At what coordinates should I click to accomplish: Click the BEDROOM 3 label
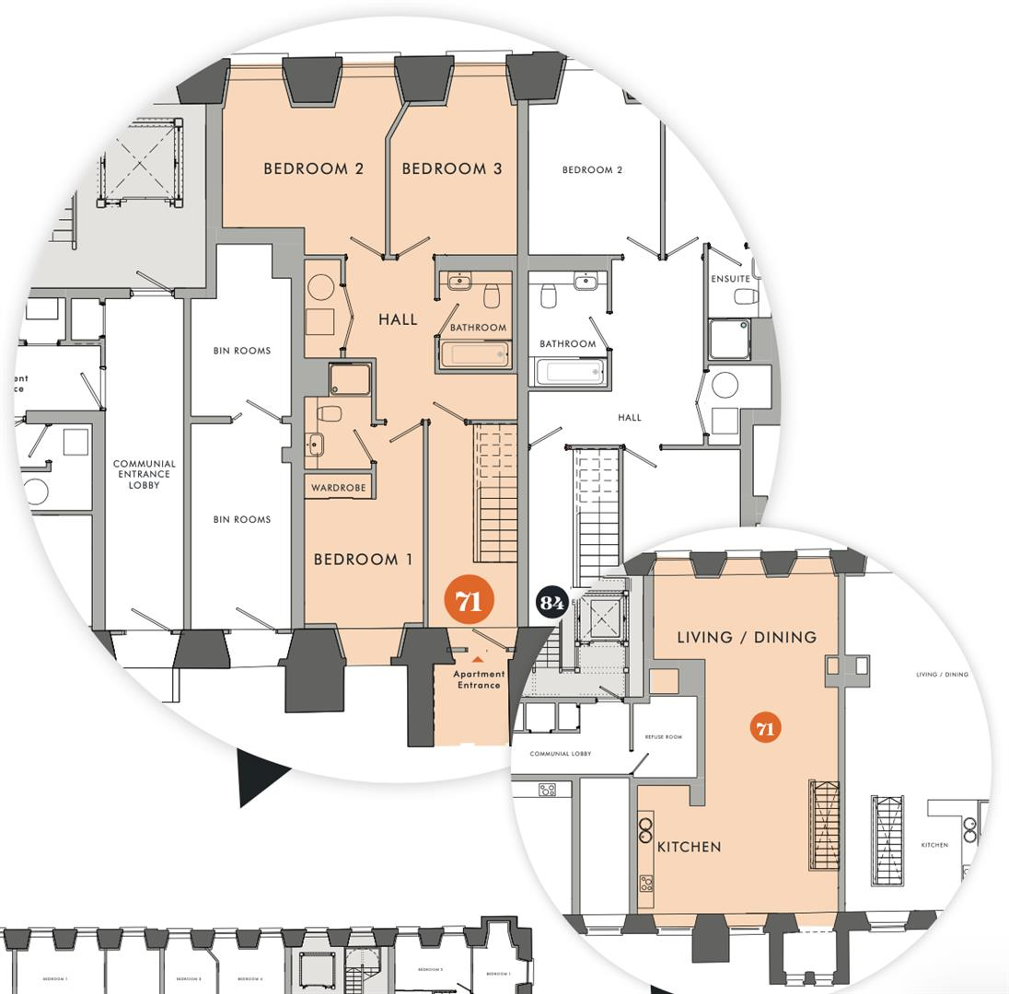click(452, 168)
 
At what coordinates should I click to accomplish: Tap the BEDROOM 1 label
click(363, 560)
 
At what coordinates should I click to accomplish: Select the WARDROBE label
click(338, 488)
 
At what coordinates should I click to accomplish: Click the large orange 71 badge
click(469, 601)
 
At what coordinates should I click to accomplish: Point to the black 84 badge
click(551, 603)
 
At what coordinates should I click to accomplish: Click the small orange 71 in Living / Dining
click(764, 729)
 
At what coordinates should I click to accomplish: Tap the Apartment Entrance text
click(479, 679)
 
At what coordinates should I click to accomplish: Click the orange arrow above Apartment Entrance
click(477, 659)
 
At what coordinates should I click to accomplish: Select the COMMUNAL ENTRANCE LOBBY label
click(144, 474)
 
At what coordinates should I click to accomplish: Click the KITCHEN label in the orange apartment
click(689, 847)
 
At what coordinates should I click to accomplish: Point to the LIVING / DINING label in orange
click(747, 637)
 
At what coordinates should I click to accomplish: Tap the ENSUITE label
click(730, 279)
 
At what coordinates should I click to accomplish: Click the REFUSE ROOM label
click(663, 737)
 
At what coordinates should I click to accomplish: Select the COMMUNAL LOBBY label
click(561, 754)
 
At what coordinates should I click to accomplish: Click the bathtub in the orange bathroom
click(475, 354)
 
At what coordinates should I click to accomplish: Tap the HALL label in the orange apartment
click(398, 320)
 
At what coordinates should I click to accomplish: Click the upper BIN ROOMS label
click(242, 351)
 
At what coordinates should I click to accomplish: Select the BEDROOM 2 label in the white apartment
click(592, 170)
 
